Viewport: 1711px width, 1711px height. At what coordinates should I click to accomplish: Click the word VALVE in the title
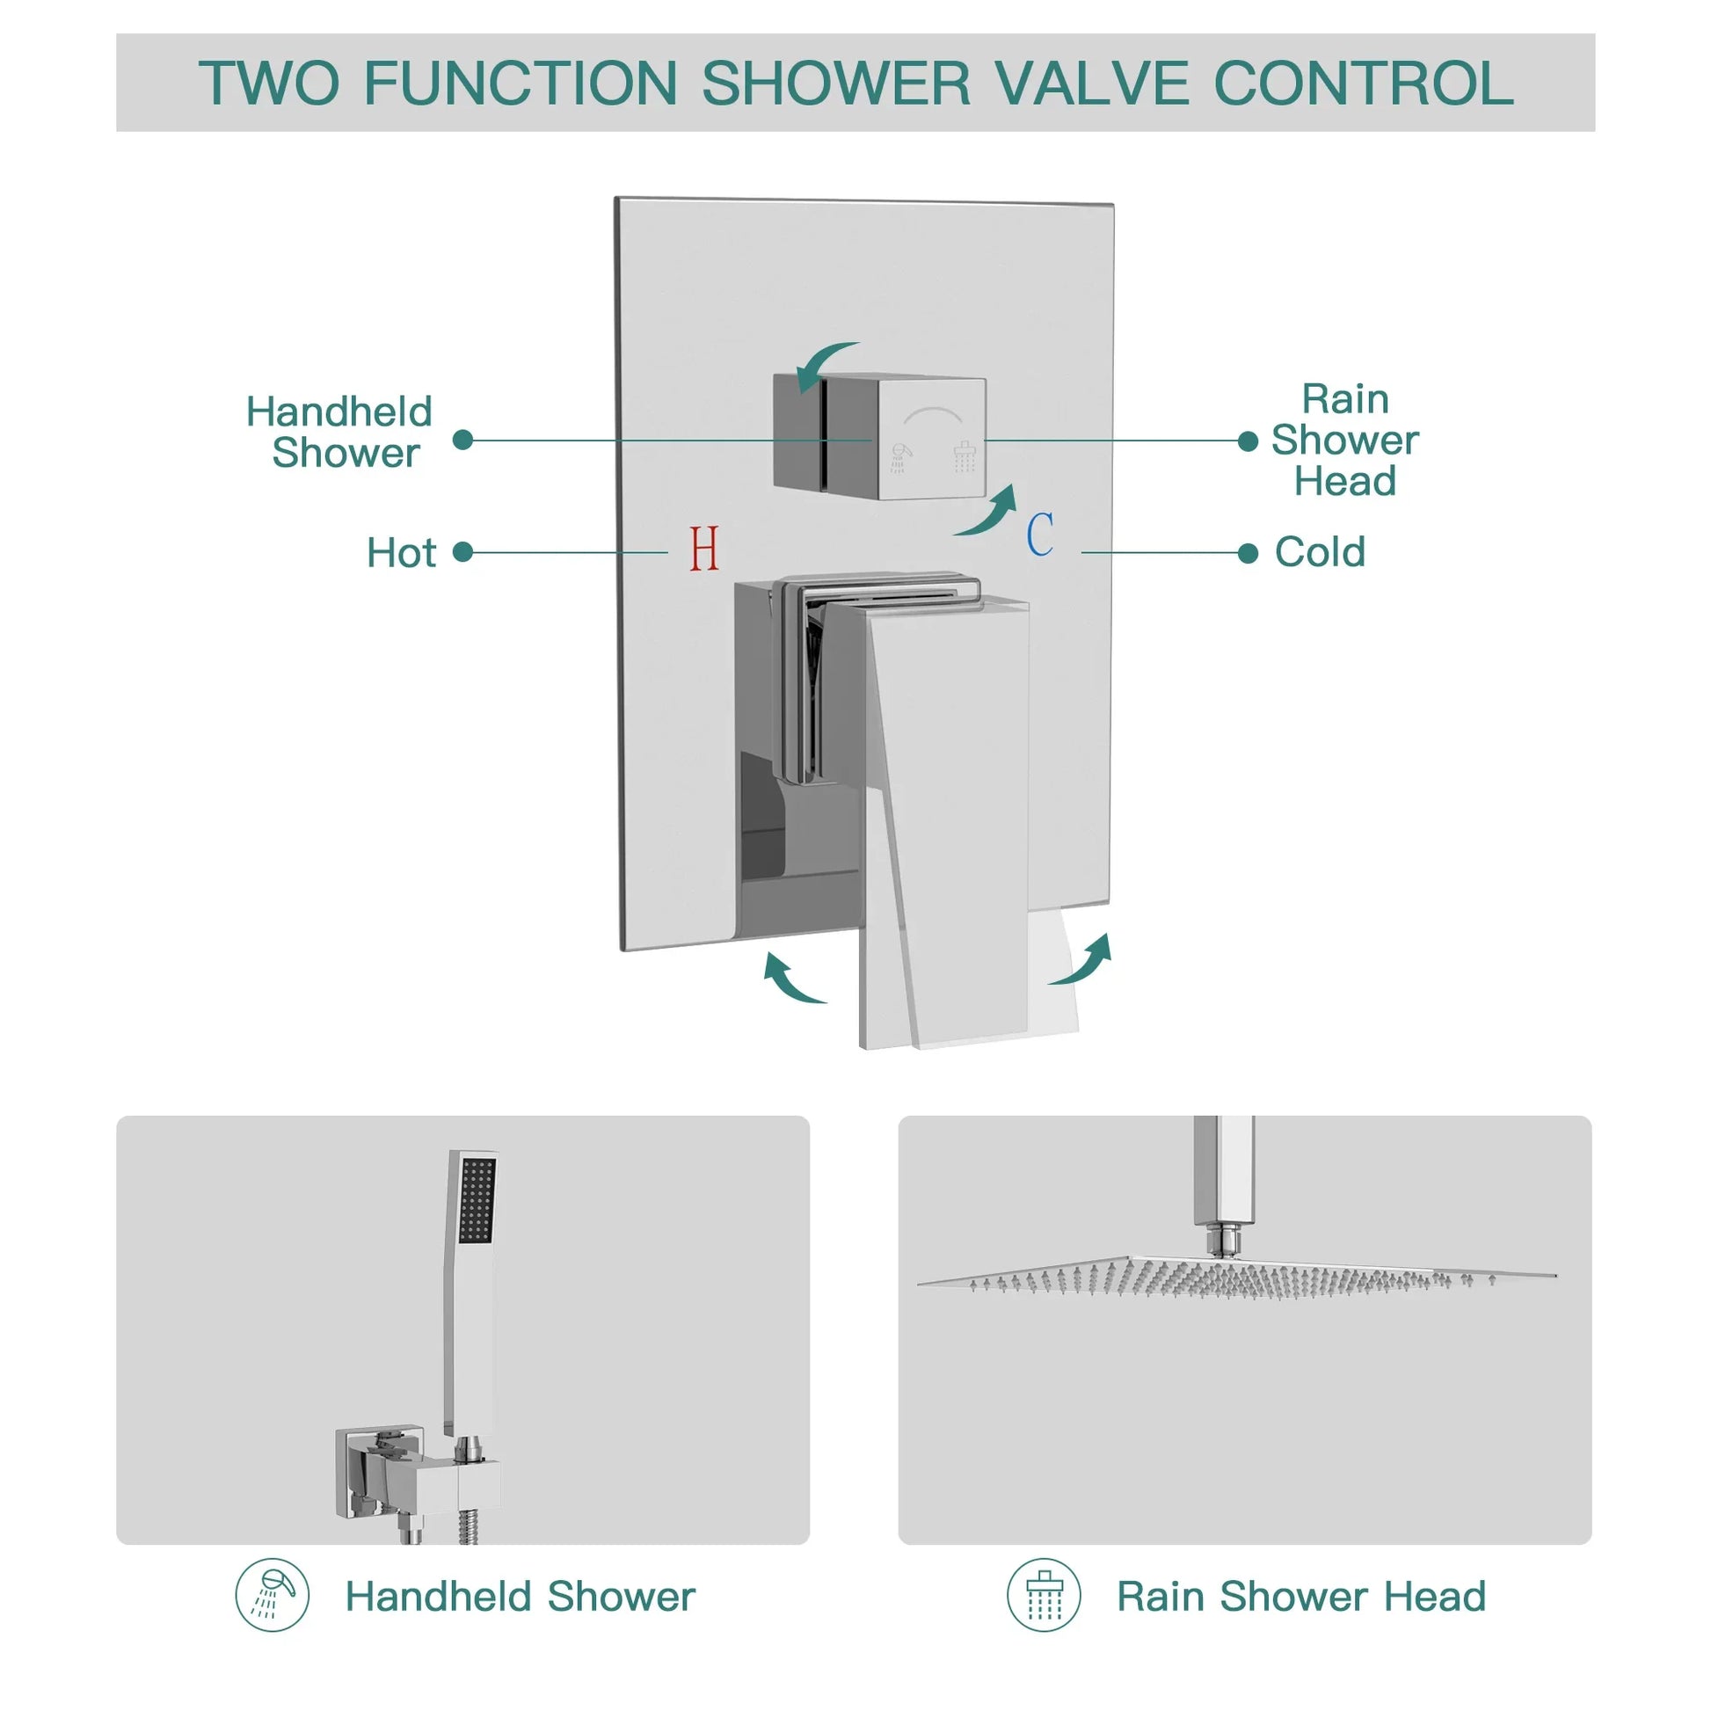pyautogui.click(x=1091, y=84)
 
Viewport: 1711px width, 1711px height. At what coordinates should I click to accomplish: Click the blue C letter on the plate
pyautogui.click(x=1040, y=534)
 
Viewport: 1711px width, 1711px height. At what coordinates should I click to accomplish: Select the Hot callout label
pyautogui.click(x=401, y=553)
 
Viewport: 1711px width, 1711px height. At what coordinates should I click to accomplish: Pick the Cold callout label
pyautogui.click(x=1320, y=552)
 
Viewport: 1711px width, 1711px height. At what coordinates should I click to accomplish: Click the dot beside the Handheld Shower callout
pyautogui.click(x=462, y=440)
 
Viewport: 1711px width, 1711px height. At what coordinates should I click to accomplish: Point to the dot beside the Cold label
pyautogui.click(x=1248, y=554)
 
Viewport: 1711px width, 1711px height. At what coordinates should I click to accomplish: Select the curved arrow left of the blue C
pyautogui.click(x=988, y=513)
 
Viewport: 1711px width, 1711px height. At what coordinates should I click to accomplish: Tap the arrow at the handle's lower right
pyautogui.click(x=1082, y=962)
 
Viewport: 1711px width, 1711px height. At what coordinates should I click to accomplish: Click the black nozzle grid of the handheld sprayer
pyautogui.click(x=478, y=1199)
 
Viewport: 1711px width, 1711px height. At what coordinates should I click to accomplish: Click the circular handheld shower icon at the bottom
pyautogui.click(x=272, y=1596)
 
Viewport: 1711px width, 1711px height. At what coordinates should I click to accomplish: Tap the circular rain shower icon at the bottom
pyautogui.click(x=1044, y=1596)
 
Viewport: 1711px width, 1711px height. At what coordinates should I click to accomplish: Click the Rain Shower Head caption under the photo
pyautogui.click(x=1300, y=1596)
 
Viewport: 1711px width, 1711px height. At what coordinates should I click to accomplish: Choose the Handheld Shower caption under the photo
pyautogui.click(x=520, y=1596)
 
